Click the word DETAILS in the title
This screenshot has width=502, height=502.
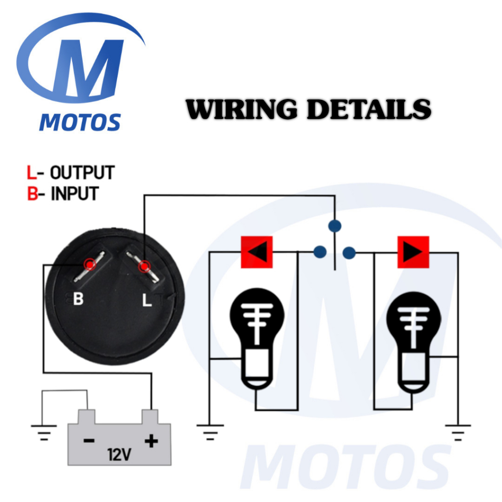click(x=369, y=109)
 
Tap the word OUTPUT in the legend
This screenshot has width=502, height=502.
click(x=82, y=173)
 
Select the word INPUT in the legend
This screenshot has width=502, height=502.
click(x=75, y=194)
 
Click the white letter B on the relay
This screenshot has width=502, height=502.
click(x=78, y=299)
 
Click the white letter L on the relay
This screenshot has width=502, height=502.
click(x=147, y=301)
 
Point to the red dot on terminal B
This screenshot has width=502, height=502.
click(x=89, y=265)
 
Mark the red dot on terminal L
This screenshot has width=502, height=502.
click(x=144, y=267)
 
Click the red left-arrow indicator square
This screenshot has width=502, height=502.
click(x=256, y=252)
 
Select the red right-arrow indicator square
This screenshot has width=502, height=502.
click(x=413, y=252)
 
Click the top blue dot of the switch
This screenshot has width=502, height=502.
click(x=335, y=226)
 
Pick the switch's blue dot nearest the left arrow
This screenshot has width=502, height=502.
click(x=320, y=252)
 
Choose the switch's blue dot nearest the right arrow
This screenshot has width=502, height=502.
click(x=349, y=253)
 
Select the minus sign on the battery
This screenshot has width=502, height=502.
click(x=89, y=441)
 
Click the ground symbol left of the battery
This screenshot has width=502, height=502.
click(x=44, y=431)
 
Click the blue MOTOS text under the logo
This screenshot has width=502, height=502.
click(x=80, y=122)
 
